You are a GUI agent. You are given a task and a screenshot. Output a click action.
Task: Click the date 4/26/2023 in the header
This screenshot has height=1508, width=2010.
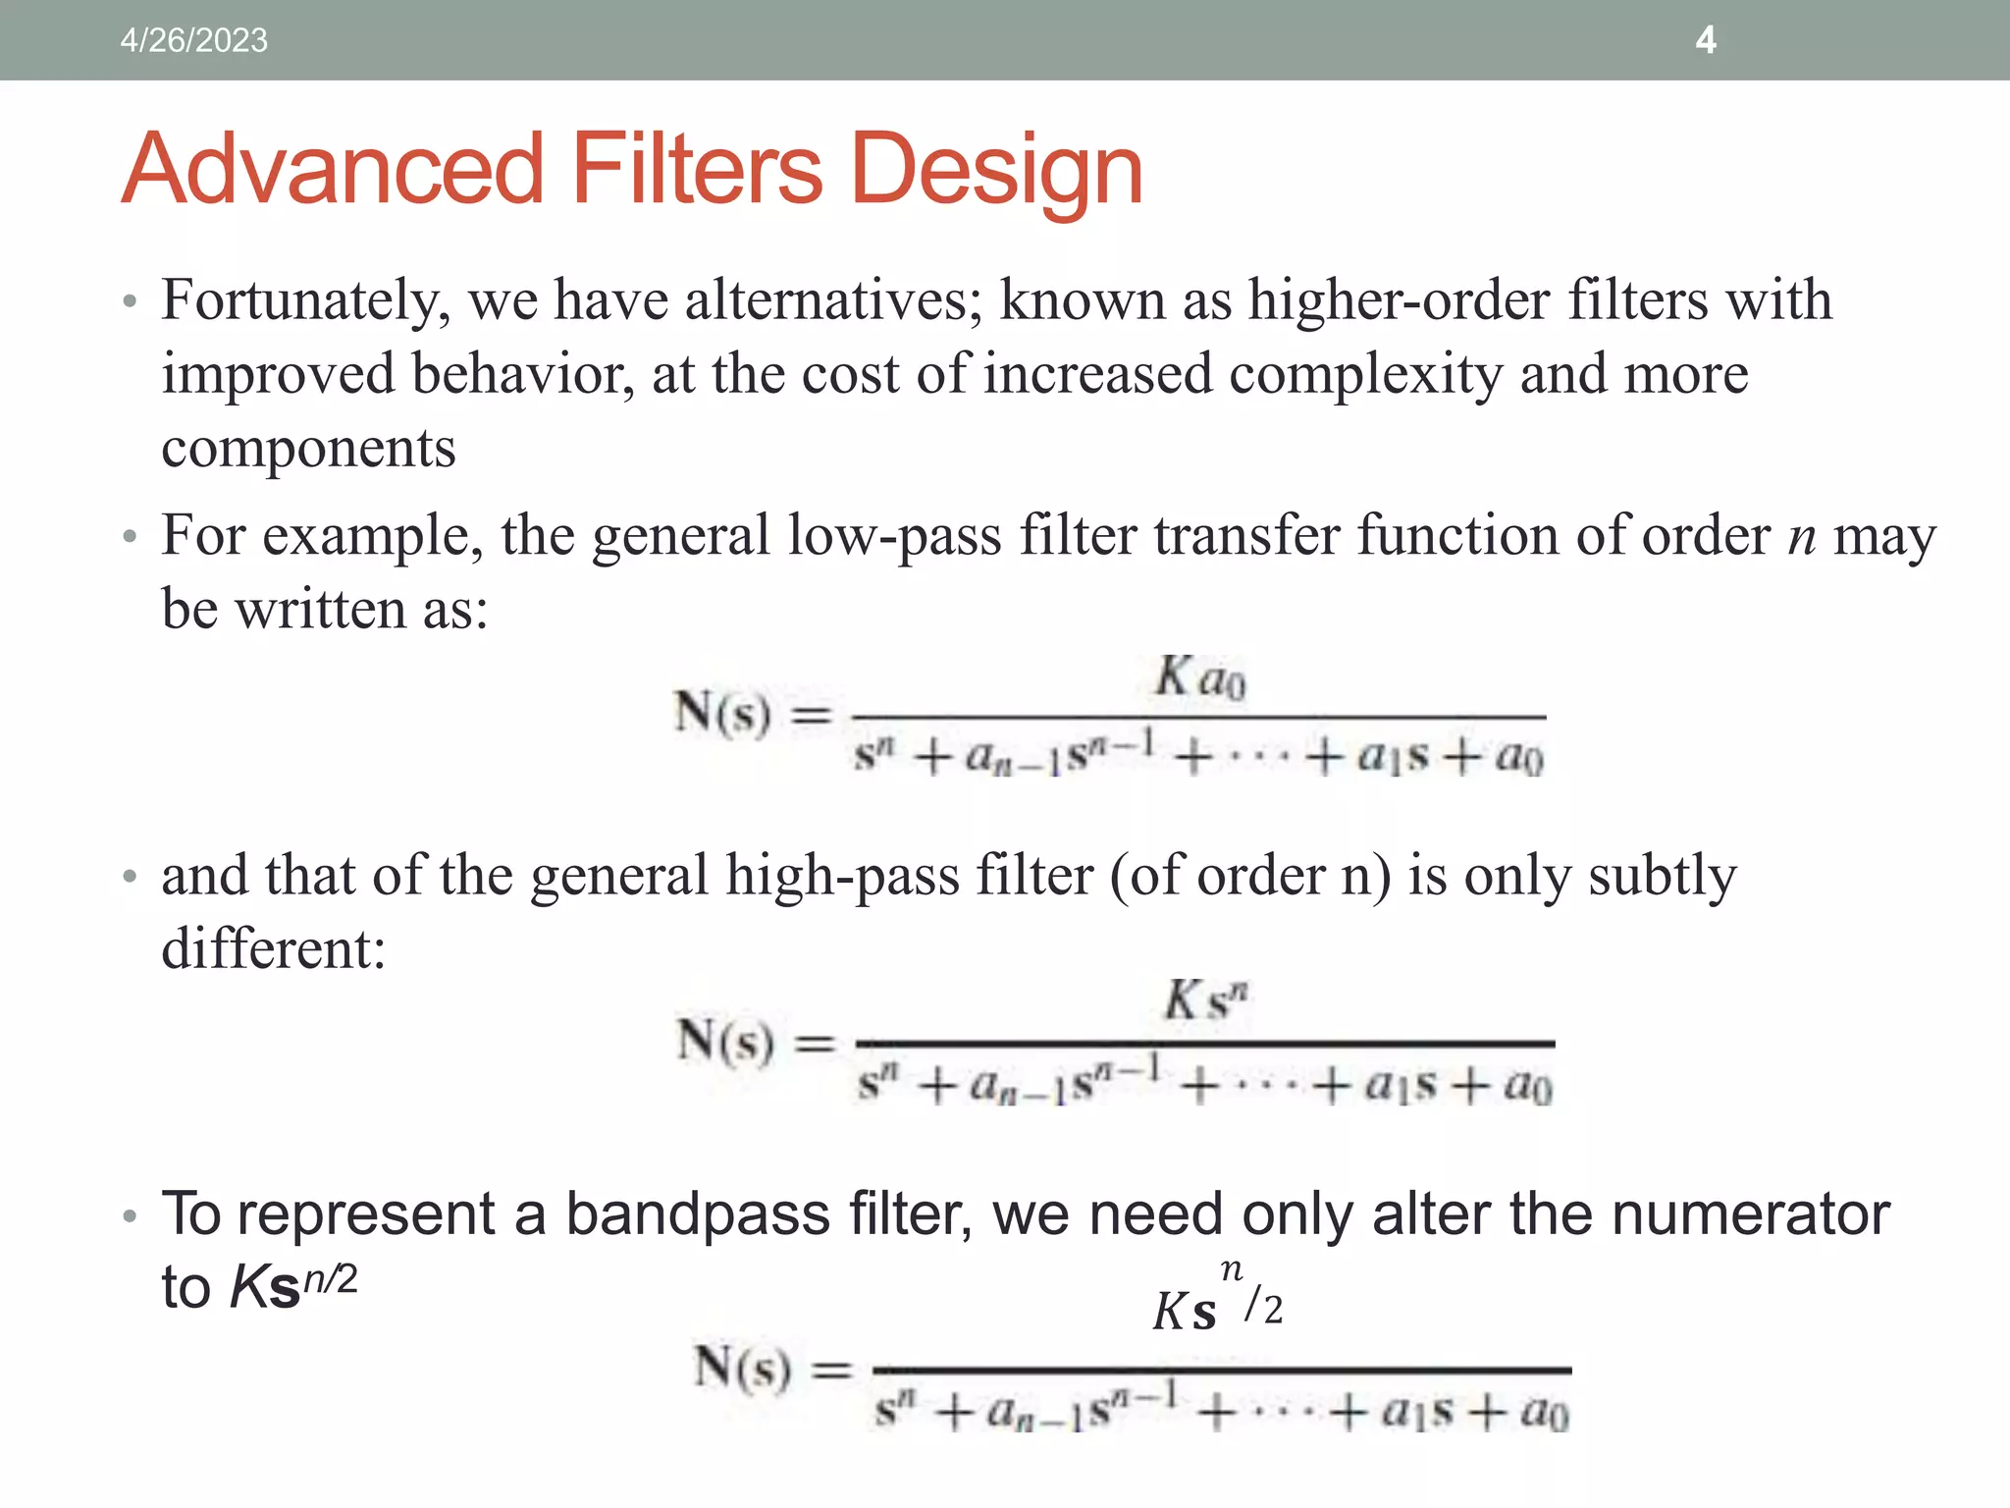pyautogui.click(x=193, y=40)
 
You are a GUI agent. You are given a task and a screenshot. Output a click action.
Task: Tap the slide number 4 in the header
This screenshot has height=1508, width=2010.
pyautogui.click(x=1706, y=40)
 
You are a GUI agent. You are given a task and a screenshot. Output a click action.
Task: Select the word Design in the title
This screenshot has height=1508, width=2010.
pyautogui.click(x=997, y=171)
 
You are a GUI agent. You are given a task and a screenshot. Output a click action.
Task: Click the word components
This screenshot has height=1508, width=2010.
pyautogui.click(x=308, y=450)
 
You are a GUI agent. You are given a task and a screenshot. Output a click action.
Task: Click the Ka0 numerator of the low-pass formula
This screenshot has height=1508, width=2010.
pyautogui.click(x=1199, y=677)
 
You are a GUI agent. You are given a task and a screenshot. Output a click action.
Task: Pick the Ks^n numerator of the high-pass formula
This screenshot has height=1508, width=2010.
pyautogui.click(x=1205, y=1002)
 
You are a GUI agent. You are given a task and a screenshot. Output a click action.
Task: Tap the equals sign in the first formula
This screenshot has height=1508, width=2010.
pyautogui.click(x=811, y=715)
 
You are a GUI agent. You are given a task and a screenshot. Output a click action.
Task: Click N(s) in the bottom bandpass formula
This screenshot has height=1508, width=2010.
pyautogui.click(x=742, y=1368)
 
